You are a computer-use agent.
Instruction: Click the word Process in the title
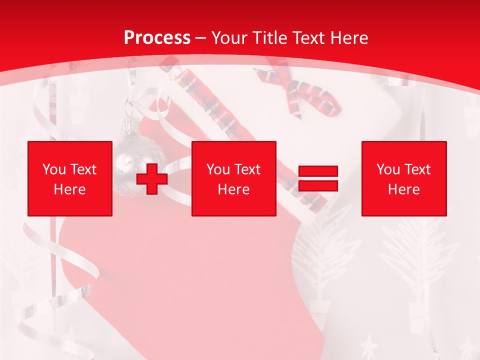157,38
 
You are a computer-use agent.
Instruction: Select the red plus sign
152,178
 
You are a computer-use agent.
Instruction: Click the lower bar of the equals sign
318,185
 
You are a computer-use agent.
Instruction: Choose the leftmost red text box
70,178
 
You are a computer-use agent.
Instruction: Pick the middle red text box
233,178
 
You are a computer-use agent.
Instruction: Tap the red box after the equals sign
404,178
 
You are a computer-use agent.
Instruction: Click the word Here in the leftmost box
70,189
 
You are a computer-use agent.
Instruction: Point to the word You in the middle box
218,169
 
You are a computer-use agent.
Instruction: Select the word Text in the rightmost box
418,169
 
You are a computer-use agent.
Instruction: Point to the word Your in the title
228,38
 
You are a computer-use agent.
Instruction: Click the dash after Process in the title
200,38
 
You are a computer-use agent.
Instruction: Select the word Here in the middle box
233,189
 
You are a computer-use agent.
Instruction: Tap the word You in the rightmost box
388,169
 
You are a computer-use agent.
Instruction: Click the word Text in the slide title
307,38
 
